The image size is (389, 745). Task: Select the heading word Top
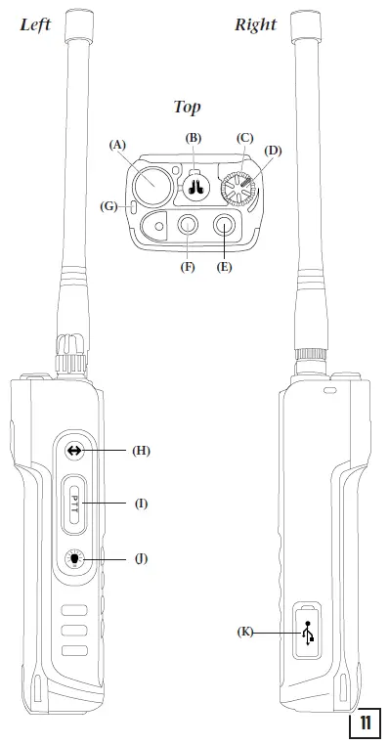[x=189, y=107]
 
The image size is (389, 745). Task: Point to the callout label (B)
[x=194, y=140]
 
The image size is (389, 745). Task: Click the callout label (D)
[x=274, y=151]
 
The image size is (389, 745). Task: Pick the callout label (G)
[x=109, y=206]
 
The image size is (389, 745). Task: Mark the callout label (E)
[x=224, y=266]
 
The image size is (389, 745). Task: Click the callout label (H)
[x=143, y=451]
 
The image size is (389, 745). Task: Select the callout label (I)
[x=142, y=503]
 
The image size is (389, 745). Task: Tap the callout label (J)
[x=143, y=558]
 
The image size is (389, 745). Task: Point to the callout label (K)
[x=245, y=633]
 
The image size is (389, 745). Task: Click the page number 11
[x=364, y=724]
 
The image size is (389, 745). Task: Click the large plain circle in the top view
[x=154, y=182]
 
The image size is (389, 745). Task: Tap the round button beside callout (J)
[x=76, y=559]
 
